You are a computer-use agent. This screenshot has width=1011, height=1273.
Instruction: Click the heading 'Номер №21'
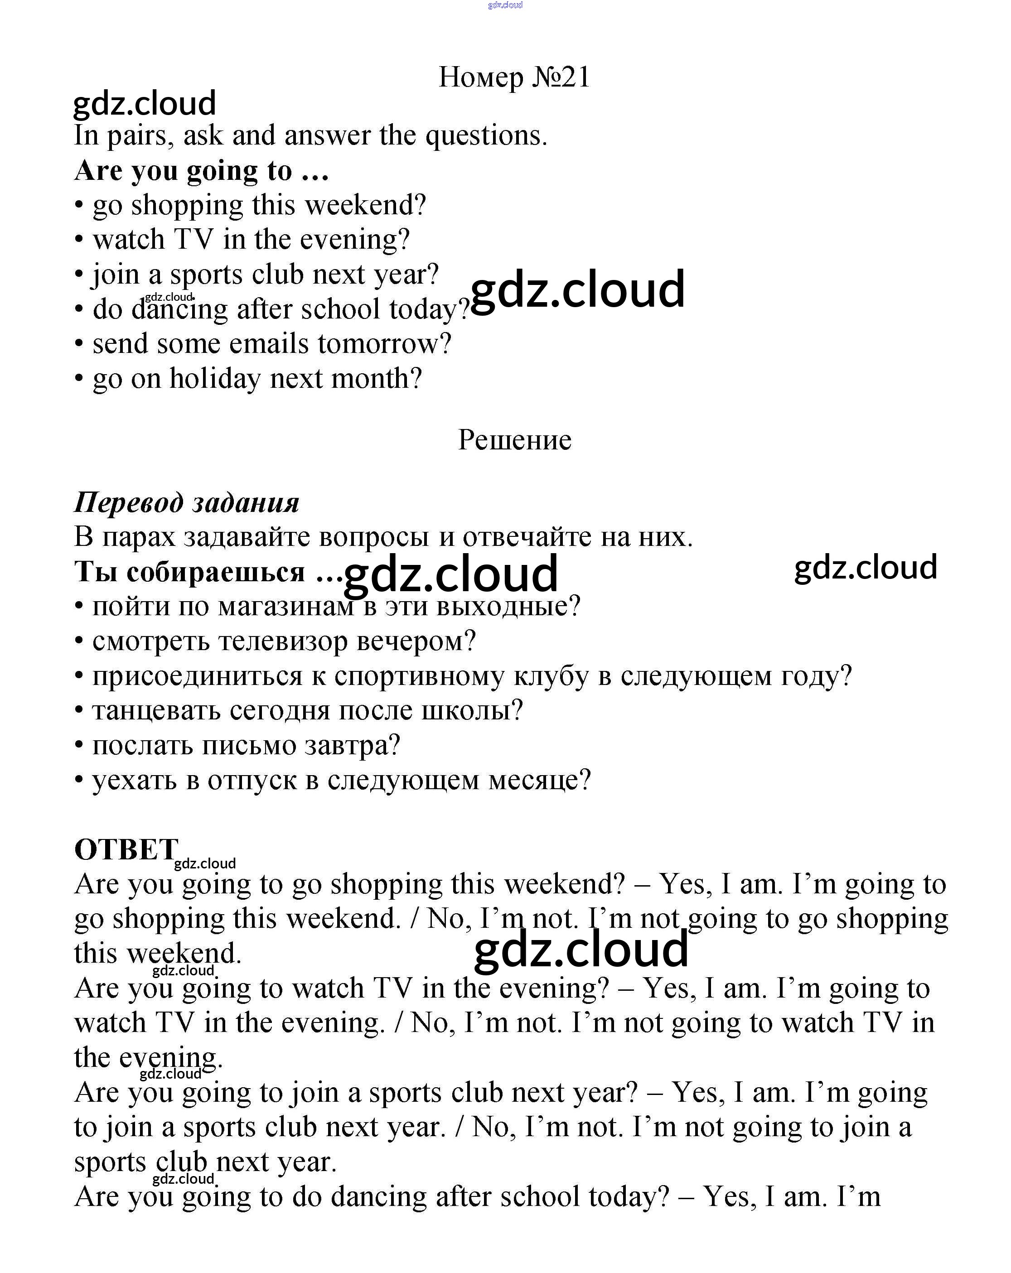coord(514,77)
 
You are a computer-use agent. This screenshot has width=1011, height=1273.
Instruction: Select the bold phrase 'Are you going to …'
coord(201,171)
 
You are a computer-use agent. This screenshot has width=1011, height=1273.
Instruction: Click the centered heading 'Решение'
coord(514,440)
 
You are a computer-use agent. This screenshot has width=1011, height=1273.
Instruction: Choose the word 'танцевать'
coord(156,711)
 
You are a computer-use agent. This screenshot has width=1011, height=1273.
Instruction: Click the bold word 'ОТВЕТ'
coord(126,850)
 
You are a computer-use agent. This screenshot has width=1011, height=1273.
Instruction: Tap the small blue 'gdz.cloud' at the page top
coord(505,5)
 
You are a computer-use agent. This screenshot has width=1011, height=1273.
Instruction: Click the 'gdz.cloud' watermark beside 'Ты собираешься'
coord(450,574)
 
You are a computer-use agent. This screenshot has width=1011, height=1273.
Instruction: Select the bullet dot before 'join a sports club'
coord(79,275)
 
